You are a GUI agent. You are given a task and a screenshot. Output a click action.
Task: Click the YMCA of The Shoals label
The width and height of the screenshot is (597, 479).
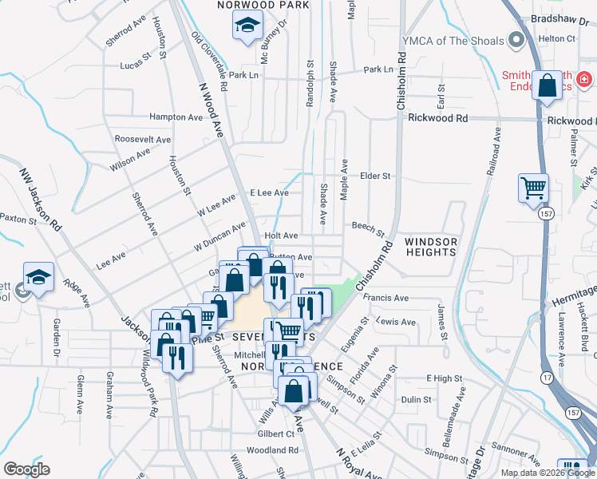pos(453,41)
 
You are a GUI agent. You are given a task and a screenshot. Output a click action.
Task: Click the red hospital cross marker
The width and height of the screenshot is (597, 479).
pos(584,79)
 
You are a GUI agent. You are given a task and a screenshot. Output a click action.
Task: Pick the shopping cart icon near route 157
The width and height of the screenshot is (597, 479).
pos(533,189)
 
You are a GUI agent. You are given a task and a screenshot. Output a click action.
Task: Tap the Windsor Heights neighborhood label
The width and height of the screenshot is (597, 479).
pos(430,247)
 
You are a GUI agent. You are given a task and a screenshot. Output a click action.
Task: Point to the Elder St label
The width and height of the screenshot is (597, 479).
pos(375,176)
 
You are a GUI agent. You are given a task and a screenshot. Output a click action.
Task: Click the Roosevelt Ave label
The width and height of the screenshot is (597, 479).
pos(143,139)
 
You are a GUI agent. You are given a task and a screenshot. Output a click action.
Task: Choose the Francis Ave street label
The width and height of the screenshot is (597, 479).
pos(385,299)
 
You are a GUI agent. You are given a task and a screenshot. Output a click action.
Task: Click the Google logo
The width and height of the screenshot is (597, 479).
pos(26,469)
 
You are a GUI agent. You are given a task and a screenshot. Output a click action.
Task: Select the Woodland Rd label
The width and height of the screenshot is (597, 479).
pos(272,450)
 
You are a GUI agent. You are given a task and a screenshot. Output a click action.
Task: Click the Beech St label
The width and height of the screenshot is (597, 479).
pos(368,228)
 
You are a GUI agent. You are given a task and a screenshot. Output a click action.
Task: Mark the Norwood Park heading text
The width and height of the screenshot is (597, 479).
pos(263,5)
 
